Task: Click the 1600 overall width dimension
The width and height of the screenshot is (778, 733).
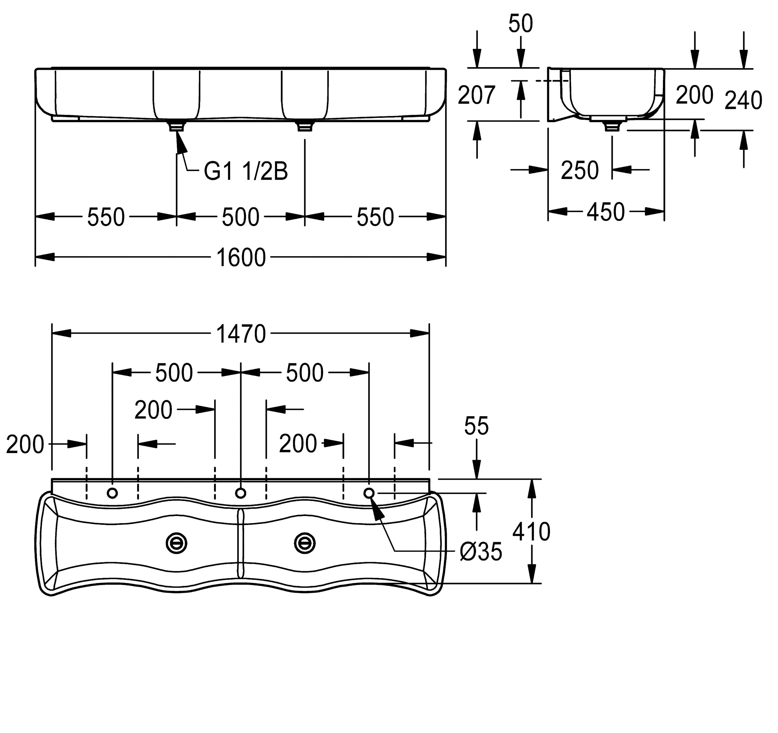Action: [241, 258]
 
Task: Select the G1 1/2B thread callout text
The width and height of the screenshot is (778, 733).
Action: [246, 171]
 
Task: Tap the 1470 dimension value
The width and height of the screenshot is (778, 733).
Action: [241, 334]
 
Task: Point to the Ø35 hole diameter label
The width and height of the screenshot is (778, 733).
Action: [480, 552]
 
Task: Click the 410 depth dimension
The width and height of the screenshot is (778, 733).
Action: [531, 532]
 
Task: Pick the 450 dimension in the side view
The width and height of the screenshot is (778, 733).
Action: [605, 212]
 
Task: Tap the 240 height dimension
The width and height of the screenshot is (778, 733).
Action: [743, 100]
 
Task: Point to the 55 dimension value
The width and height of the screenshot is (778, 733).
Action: [476, 426]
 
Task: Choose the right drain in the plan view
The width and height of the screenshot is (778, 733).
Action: [305, 543]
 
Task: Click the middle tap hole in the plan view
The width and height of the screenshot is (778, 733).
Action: [241, 493]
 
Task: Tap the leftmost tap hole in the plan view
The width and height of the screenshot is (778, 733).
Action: [112, 493]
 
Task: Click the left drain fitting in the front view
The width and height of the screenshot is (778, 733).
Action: [177, 126]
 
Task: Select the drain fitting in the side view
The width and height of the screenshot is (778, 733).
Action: [612, 126]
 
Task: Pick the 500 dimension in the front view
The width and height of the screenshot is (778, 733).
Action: [240, 217]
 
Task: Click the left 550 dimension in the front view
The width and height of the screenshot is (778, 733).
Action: [106, 217]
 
